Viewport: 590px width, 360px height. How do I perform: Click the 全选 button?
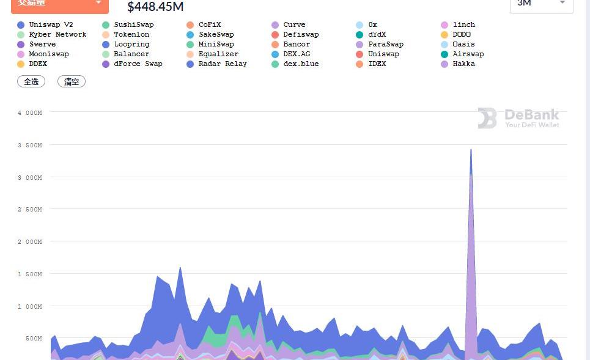point(31,81)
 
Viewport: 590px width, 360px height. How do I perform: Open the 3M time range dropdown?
point(541,3)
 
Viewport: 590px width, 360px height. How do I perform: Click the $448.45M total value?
point(155,7)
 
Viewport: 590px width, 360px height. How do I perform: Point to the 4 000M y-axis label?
point(30,112)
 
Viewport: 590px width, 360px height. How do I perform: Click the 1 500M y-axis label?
point(30,274)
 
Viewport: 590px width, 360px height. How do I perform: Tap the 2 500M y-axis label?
point(30,210)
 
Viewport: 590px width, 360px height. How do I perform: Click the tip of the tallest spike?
point(471,149)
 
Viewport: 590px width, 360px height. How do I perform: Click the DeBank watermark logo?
point(518,118)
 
